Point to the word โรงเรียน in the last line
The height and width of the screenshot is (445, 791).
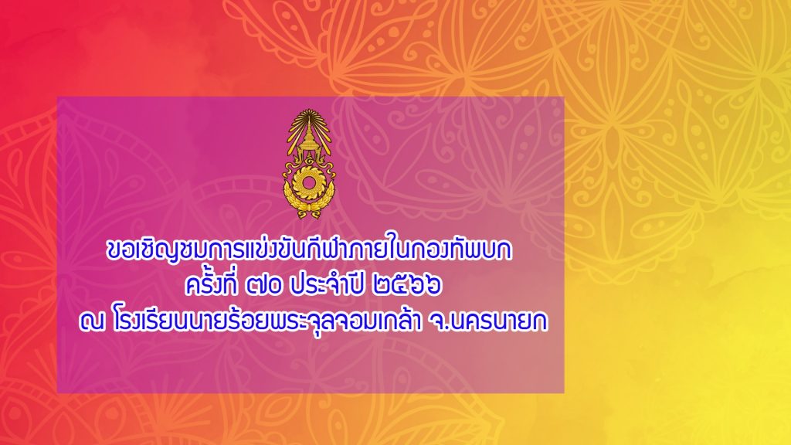(x=152, y=321)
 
